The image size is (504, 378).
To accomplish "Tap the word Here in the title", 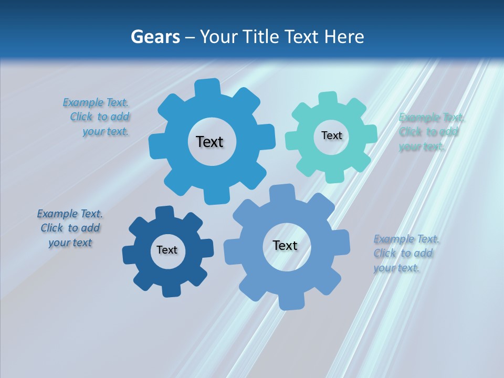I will point(344,37).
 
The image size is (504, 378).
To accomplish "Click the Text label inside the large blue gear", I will point(209,142).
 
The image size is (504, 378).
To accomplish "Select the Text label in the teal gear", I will point(331,135).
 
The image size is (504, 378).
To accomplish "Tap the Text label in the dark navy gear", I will point(167,250).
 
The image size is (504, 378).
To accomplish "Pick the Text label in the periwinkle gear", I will point(285,245).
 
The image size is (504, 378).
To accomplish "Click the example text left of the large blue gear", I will point(100,117).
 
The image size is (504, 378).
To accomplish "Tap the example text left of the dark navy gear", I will point(70,228).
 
